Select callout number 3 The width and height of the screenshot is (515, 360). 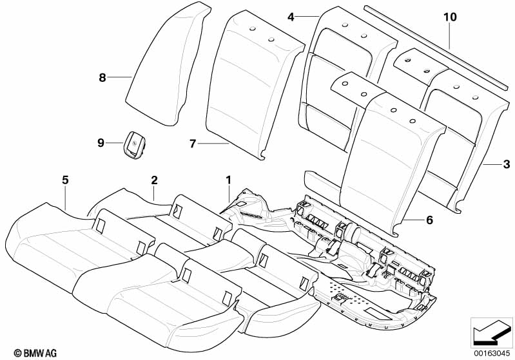(x=507, y=166)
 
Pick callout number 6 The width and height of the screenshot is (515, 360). (x=429, y=220)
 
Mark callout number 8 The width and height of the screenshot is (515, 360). (x=102, y=78)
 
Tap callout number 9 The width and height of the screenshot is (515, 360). (x=101, y=142)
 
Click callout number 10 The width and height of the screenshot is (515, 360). (x=449, y=17)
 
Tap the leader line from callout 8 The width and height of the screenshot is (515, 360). (x=119, y=78)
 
